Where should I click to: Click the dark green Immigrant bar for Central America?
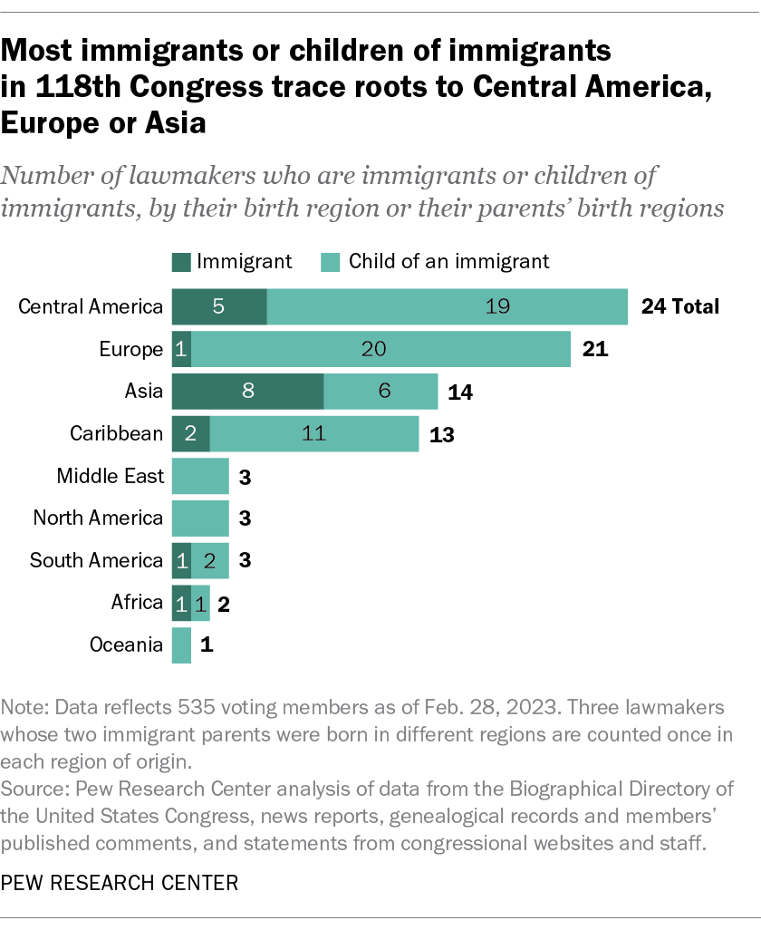coord(219,306)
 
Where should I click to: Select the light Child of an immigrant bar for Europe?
coord(380,349)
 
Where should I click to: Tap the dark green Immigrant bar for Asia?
coord(247,392)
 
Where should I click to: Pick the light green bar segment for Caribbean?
coord(313,433)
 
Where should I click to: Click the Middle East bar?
coord(200,476)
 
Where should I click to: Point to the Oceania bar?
coord(181,645)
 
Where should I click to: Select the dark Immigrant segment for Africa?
coord(181,603)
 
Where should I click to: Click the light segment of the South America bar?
coord(210,560)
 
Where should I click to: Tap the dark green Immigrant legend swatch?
coord(181,262)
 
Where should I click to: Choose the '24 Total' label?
coord(680,306)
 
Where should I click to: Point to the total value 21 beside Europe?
coord(594,349)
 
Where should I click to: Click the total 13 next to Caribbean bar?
coord(441,433)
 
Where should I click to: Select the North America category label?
coord(98,518)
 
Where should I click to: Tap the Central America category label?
coord(91,306)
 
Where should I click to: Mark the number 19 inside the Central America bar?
coord(498,306)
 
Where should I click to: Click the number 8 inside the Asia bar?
coord(247,392)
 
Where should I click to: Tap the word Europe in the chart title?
coord(53,122)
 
